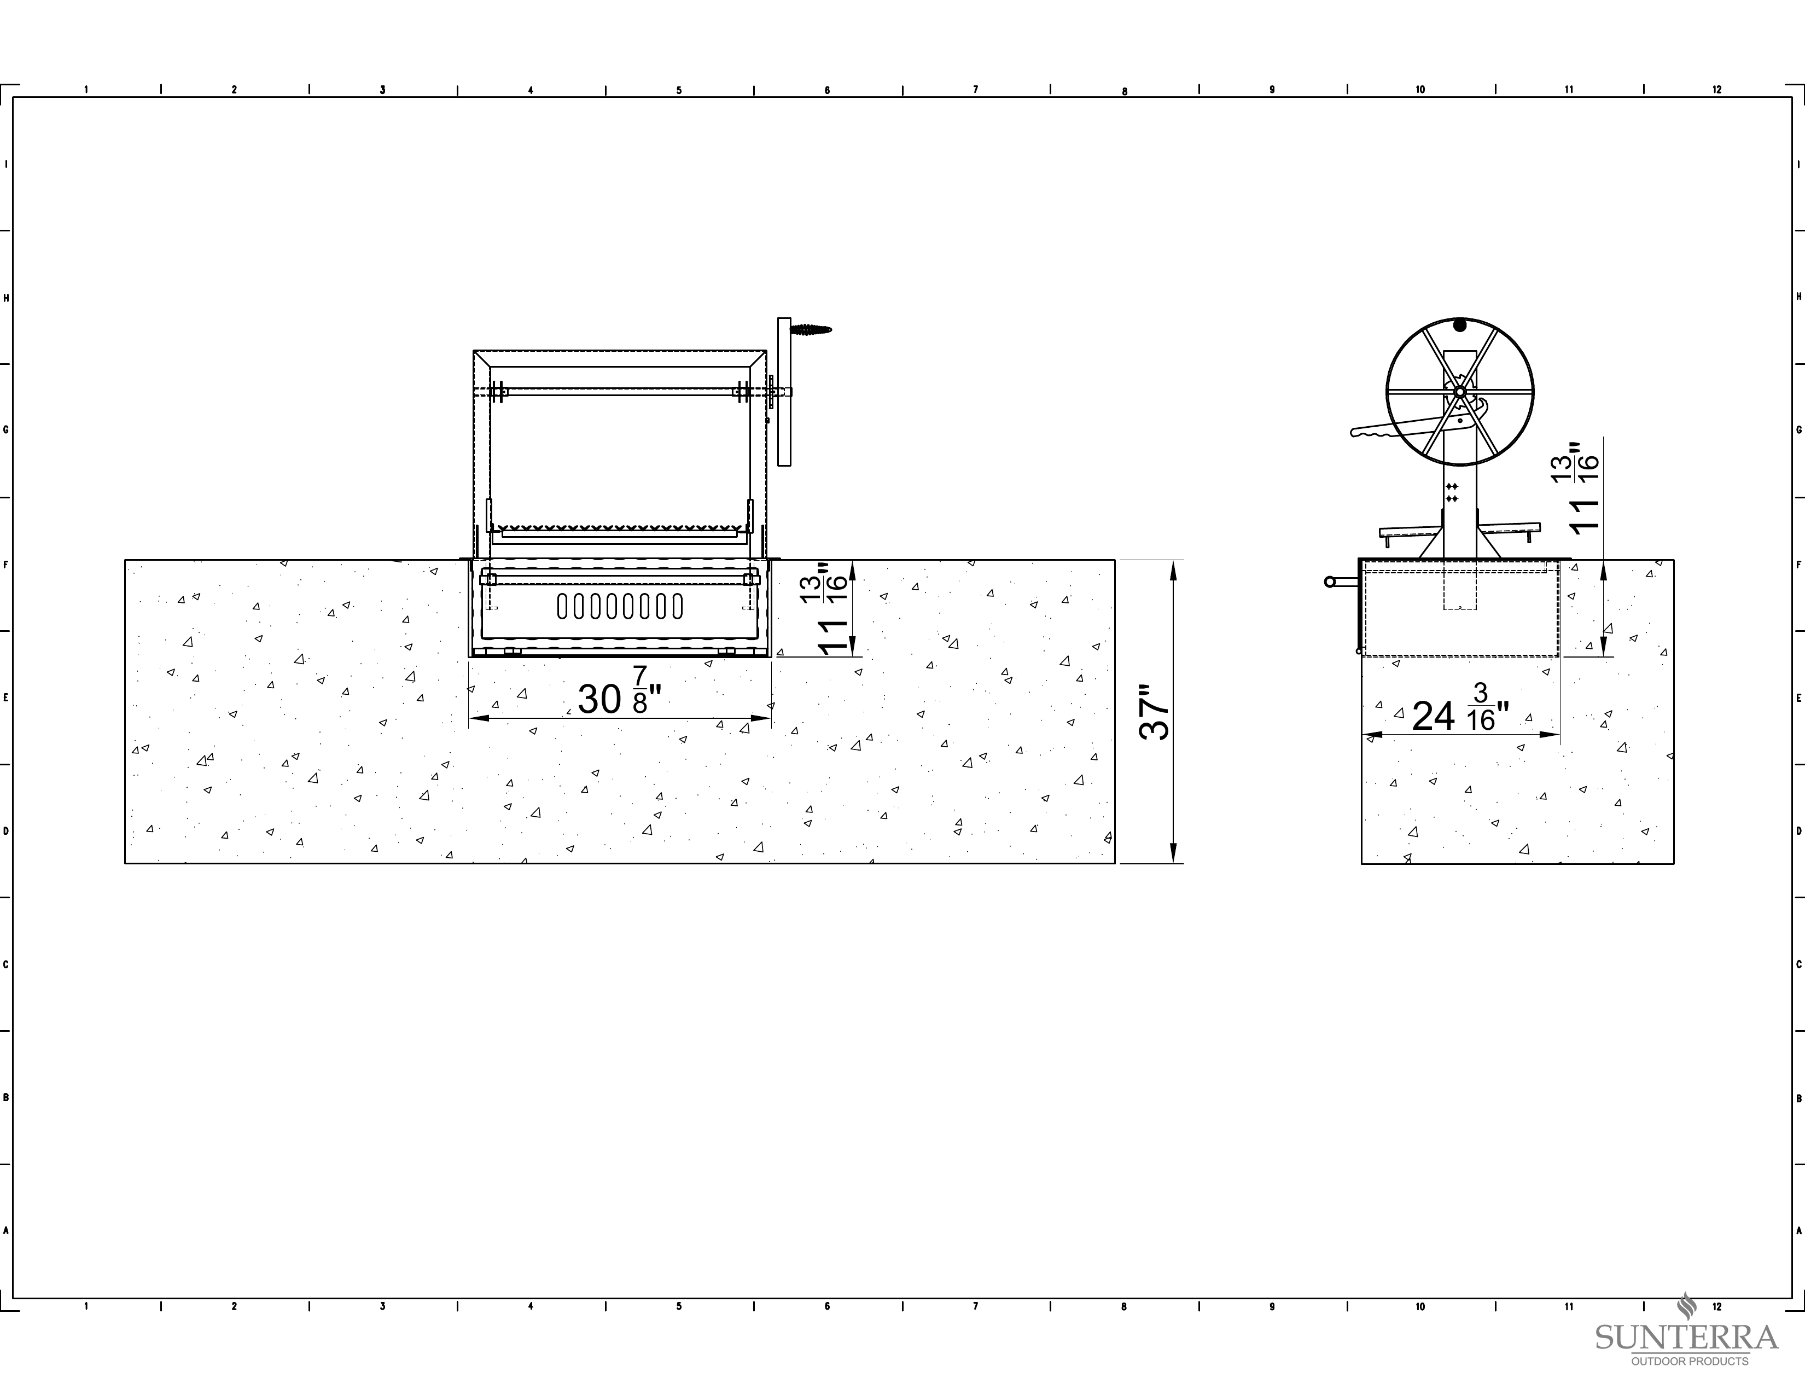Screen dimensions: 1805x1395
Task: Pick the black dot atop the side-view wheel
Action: pos(1459,326)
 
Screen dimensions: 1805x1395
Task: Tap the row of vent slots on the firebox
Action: pos(620,606)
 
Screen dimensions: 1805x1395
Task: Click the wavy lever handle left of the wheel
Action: pos(1397,428)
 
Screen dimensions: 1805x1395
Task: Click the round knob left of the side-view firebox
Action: pos(1330,582)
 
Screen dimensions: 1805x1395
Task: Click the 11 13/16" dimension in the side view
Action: pos(1576,487)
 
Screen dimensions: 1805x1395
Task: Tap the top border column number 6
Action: pos(827,90)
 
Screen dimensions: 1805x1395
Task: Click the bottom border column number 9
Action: pos(1272,1306)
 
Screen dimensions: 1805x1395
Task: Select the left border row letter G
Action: pos(6,430)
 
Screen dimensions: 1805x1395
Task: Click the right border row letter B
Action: pos(1799,1098)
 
